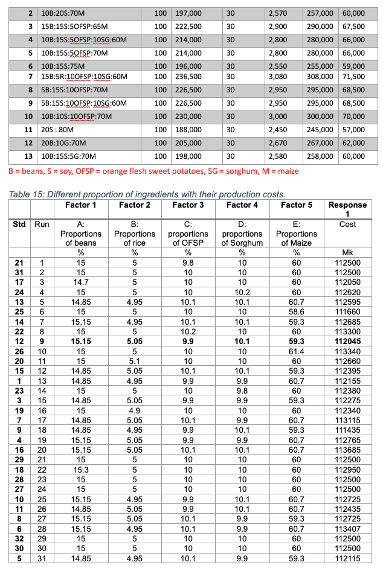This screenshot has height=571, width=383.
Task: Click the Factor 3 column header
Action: coord(188,205)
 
